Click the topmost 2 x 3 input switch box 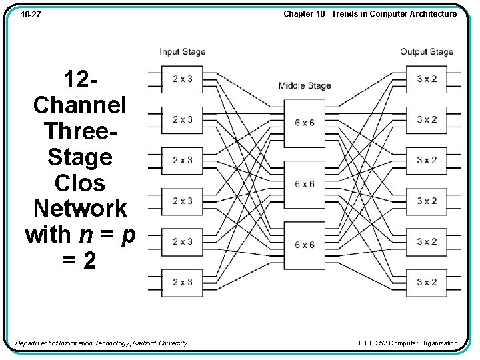coord(182,79)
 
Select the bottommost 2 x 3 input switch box coord(182,282)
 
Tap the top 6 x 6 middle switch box coord(304,123)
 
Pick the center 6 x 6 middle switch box coord(304,184)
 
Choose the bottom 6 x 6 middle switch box coord(304,245)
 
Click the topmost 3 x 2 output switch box coord(427,79)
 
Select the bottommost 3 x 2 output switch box coord(427,282)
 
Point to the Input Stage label coord(182,52)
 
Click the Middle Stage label coord(304,85)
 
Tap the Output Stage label coord(426,52)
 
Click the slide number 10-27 coord(31,14)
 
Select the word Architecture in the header coord(433,13)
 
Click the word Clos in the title coord(80,183)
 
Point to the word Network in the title coord(80,209)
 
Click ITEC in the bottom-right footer coord(367,343)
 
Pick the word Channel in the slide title coord(80,105)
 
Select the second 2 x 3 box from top coord(182,119)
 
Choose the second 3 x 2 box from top coord(427,119)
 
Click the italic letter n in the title coord(86,235)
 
